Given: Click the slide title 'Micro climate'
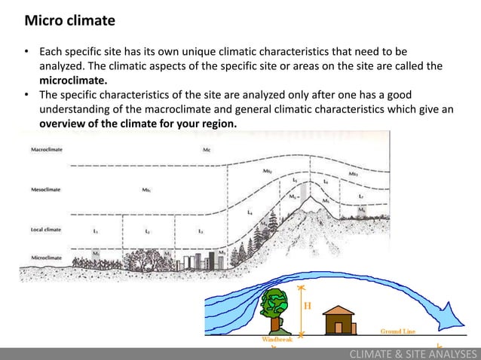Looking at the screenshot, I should [69, 20].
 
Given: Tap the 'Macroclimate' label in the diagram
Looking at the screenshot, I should [46, 149].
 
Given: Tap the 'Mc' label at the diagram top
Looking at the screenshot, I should [207, 150].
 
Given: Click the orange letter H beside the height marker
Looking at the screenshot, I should [308, 307].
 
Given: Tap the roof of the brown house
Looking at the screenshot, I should [338, 311].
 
